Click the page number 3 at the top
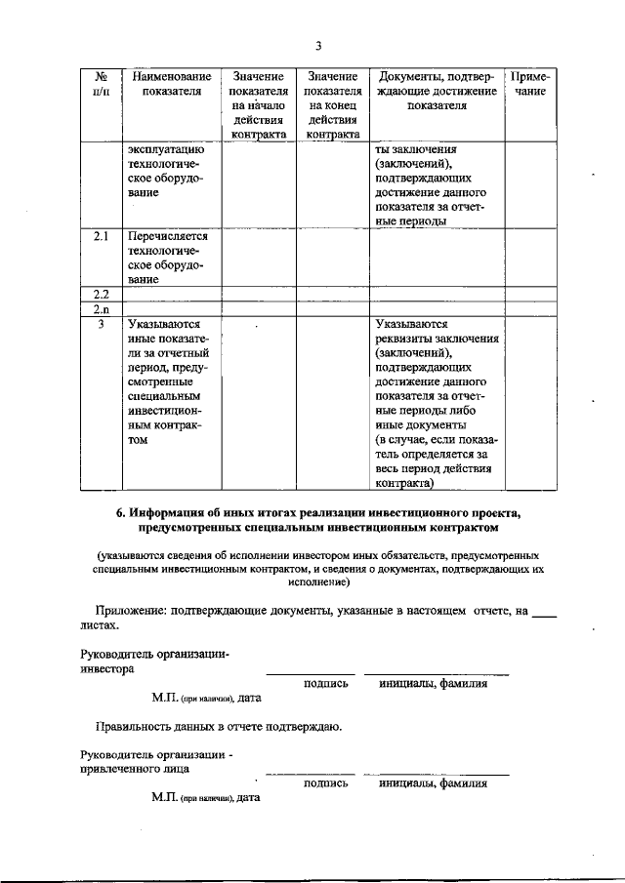point(318,45)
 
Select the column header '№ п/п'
point(100,84)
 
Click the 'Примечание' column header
point(530,84)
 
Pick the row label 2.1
point(100,236)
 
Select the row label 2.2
point(100,294)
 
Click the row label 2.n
point(100,308)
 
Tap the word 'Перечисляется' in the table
point(169,236)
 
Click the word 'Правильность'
point(137,727)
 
